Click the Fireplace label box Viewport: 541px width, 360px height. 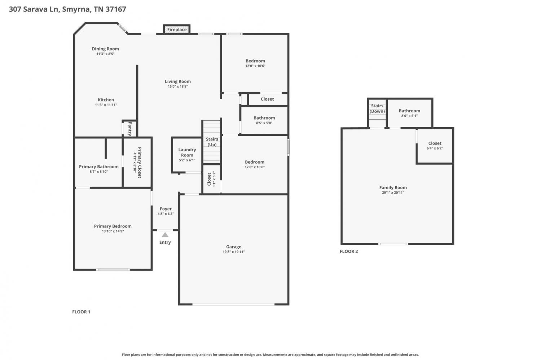pos(177,30)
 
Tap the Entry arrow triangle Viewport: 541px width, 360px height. pos(165,235)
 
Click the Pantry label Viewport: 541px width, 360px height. pos(130,129)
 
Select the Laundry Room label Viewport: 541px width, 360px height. pos(187,152)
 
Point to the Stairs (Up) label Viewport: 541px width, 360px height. pos(212,142)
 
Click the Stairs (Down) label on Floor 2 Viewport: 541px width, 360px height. pos(377,108)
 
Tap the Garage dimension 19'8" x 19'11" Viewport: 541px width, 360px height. pos(234,252)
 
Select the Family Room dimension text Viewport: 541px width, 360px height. pos(393,192)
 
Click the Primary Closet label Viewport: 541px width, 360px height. pos(140,163)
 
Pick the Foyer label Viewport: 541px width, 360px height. pos(166,209)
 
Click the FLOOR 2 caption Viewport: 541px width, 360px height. pos(349,251)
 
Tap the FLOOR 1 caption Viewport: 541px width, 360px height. pos(81,311)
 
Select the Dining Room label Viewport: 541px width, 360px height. pos(105,49)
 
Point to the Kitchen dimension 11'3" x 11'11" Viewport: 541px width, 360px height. pos(106,105)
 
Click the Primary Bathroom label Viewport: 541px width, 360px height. pos(99,166)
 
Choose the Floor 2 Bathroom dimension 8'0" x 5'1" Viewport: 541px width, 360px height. pos(409,116)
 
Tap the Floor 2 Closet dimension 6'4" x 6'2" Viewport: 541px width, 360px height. pos(435,148)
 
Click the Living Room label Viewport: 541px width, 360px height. pos(178,81)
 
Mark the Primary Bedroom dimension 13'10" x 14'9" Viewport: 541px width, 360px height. pos(113,231)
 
